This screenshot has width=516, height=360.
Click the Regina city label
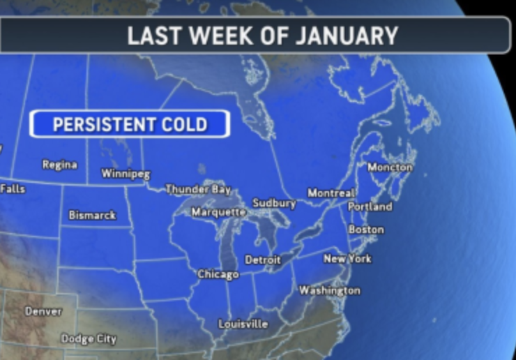click(60, 165)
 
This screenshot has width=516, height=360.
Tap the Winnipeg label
click(126, 174)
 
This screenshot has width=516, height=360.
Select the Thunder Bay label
click(198, 189)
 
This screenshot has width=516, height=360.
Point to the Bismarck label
click(92, 216)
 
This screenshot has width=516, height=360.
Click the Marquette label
click(218, 211)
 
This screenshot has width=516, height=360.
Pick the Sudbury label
click(274, 203)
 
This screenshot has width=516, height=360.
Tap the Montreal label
click(332, 193)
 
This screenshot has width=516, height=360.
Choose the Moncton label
click(390, 167)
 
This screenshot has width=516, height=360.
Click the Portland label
click(370, 207)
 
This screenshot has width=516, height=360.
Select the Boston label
click(366, 230)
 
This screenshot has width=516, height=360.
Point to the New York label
click(347, 259)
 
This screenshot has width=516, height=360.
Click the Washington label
click(330, 290)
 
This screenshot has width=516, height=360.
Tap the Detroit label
click(263, 260)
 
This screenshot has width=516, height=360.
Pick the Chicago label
click(218, 275)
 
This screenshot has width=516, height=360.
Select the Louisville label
click(243, 324)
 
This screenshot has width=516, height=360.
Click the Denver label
click(43, 311)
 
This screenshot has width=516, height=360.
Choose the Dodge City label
click(89, 339)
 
